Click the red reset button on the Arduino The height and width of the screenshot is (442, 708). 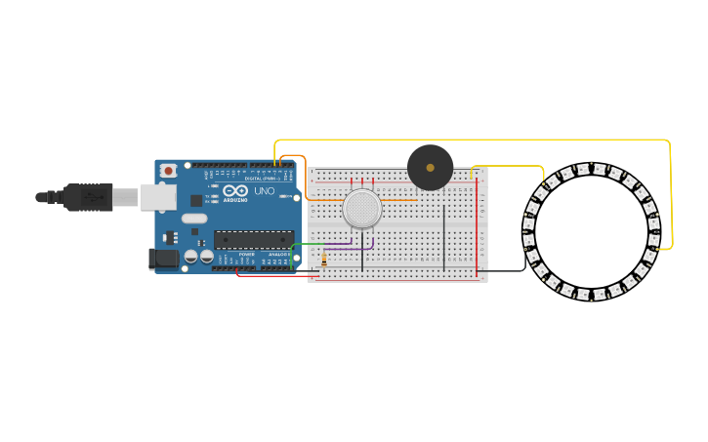[x=168, y=171]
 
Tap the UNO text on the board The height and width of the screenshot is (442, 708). [x=265, y=191]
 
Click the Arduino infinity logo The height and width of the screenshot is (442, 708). [x=235, y=190]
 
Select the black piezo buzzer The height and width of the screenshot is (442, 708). [x=431, y=168]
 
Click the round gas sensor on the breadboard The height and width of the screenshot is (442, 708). [x=362, y=208]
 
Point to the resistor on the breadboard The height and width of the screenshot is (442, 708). [x=324, y=260]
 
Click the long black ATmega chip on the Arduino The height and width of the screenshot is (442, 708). [x=254, y=239]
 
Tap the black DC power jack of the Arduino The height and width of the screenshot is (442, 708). [x=162, y=259]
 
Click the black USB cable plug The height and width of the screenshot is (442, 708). [x=88, y=197]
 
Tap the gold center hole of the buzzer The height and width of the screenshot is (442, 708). [x=431, y=168]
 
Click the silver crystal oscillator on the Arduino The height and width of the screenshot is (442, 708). [x=194, y=218]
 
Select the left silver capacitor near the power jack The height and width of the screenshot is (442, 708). [x=191, y=256]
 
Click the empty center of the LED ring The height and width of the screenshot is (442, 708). [x=591, y=232]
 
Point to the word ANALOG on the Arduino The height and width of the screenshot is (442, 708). [x=278, y=255]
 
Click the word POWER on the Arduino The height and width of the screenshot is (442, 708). [x=246, y=255]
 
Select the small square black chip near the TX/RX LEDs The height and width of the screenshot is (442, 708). [x=196, y=200]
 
